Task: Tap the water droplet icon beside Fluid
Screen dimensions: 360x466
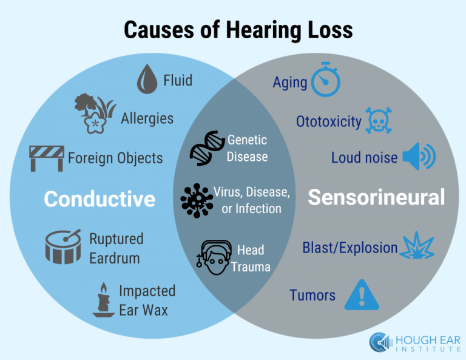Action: (x=146, y=80)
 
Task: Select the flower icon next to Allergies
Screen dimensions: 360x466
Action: (x=95, y=114)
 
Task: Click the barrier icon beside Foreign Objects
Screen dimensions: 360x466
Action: (x=47, y=158)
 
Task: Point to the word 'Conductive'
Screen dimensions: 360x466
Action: (x=100, y=199)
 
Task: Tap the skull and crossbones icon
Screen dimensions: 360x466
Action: (x=379, y=121)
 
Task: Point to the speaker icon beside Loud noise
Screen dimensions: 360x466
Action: (x=419, y=157)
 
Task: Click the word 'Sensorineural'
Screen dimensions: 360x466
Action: (x=376, y=197)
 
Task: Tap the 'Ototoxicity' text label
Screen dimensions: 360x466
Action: (x=328, y=121)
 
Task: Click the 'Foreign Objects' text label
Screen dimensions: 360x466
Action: (x=115, y=158)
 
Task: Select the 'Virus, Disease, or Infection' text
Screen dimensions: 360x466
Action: (x=251, y=200)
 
